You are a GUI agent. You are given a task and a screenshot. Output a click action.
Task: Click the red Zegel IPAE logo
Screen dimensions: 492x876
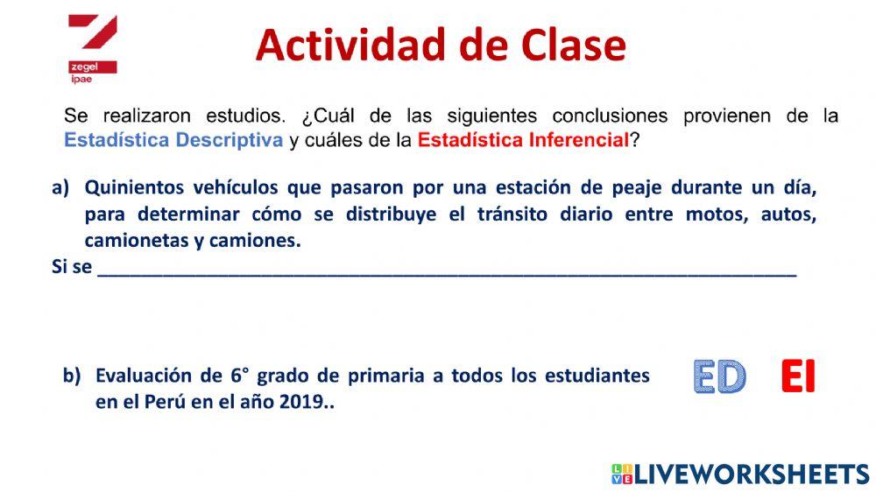pyautogui.click(x=92, y=49)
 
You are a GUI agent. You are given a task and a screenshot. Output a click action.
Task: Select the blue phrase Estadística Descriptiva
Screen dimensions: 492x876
pyautogui.click(x=173, y=140)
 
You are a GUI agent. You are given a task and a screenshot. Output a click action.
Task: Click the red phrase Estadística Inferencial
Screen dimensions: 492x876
pyautogui.click(x=523, y=140)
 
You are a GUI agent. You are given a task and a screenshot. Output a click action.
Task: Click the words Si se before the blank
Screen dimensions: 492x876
pyautogui.click(x=72, y=267)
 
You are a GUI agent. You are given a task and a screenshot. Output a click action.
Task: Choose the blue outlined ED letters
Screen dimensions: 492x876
pyautogui.click(x=718, y=377)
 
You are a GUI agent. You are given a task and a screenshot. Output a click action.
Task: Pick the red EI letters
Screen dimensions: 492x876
pyautogui.click(x=798, y=377)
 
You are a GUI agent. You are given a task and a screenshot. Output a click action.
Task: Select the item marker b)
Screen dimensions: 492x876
pyautogui.click(x=72, y=376)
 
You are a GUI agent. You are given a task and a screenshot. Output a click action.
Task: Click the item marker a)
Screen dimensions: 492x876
pyautogui.click(x=60, y=187)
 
